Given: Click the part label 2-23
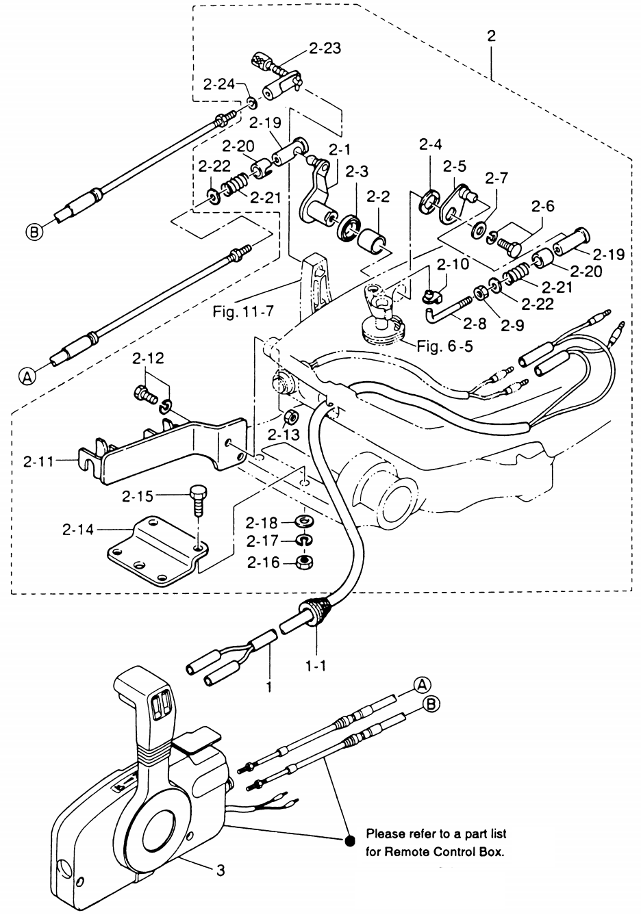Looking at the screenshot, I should point(325,49).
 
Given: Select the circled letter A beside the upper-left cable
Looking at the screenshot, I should point(27,375).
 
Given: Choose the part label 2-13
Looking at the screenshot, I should point(284,435).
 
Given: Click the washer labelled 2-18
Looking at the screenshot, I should point(302,523).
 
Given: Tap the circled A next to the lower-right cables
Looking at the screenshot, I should point(421,684).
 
